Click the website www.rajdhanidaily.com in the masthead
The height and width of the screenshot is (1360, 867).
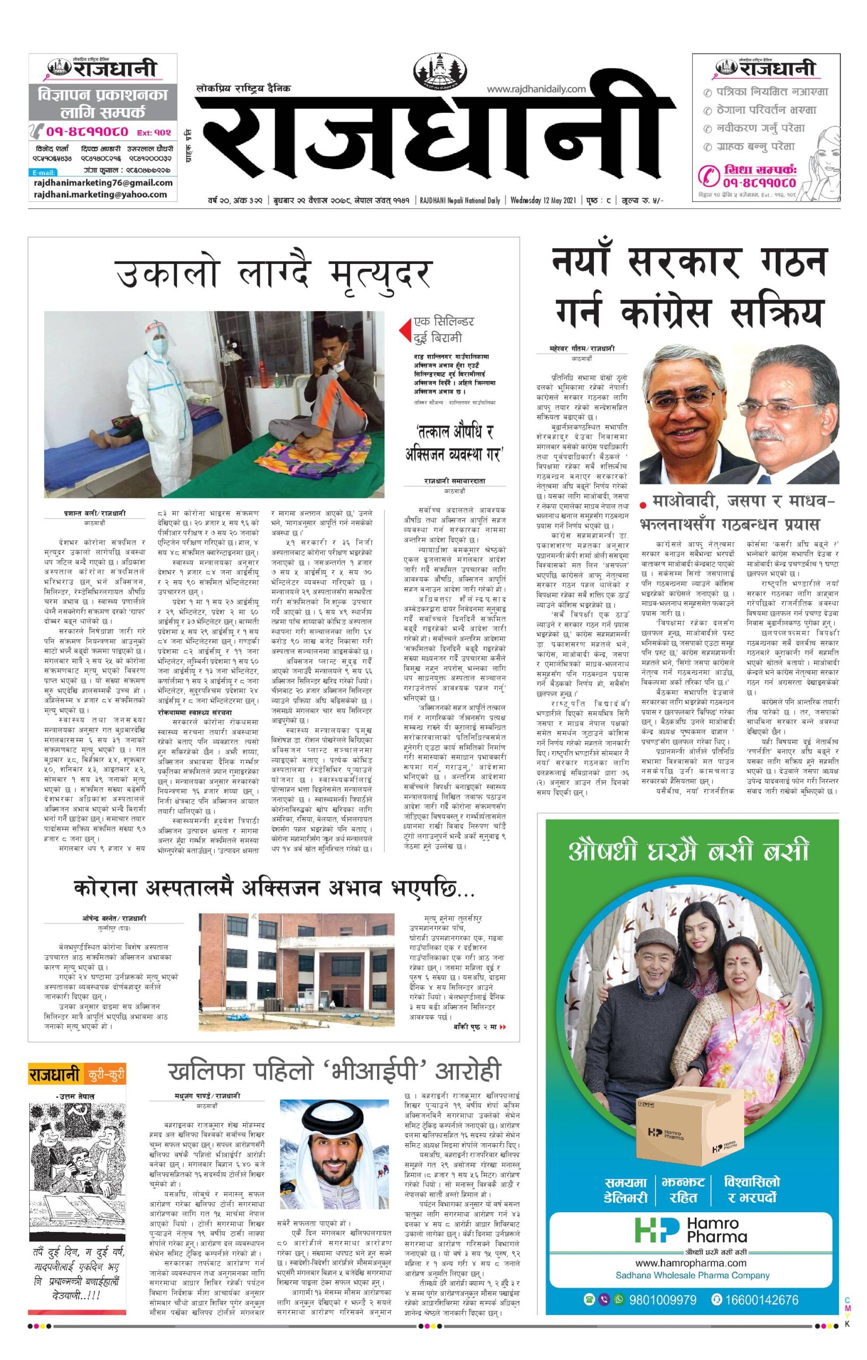pos(536,89)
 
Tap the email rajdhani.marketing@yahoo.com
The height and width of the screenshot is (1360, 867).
pos(100,194)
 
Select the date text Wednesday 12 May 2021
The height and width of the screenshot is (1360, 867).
pos(543,200)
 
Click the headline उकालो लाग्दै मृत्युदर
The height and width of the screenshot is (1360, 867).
pos(274,274)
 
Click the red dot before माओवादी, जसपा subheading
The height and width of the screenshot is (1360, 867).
pos(643,503)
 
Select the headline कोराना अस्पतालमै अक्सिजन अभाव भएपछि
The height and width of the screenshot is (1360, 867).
pos(274,888)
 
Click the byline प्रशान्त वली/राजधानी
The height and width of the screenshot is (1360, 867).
pos(95,513)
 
